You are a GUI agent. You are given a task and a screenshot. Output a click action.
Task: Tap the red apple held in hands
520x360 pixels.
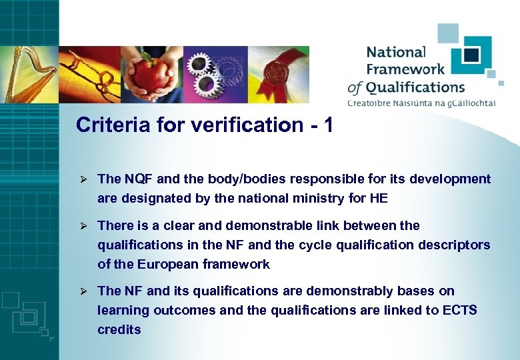151,75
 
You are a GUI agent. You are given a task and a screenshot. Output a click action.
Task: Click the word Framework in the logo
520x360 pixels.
405,69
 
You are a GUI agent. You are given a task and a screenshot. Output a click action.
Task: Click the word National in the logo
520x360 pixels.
395,52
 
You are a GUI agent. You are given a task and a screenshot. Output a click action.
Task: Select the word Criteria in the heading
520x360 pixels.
106,125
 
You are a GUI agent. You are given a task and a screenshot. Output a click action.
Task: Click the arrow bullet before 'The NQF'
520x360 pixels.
84,179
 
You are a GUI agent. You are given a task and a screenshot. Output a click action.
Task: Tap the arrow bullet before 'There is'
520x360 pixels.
84,226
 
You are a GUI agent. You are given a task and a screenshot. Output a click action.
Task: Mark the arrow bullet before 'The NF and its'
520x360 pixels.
84,291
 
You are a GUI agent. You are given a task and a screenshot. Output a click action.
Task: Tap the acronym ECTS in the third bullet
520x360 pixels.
459,310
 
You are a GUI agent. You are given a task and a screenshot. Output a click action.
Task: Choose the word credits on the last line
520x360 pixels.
119,329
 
